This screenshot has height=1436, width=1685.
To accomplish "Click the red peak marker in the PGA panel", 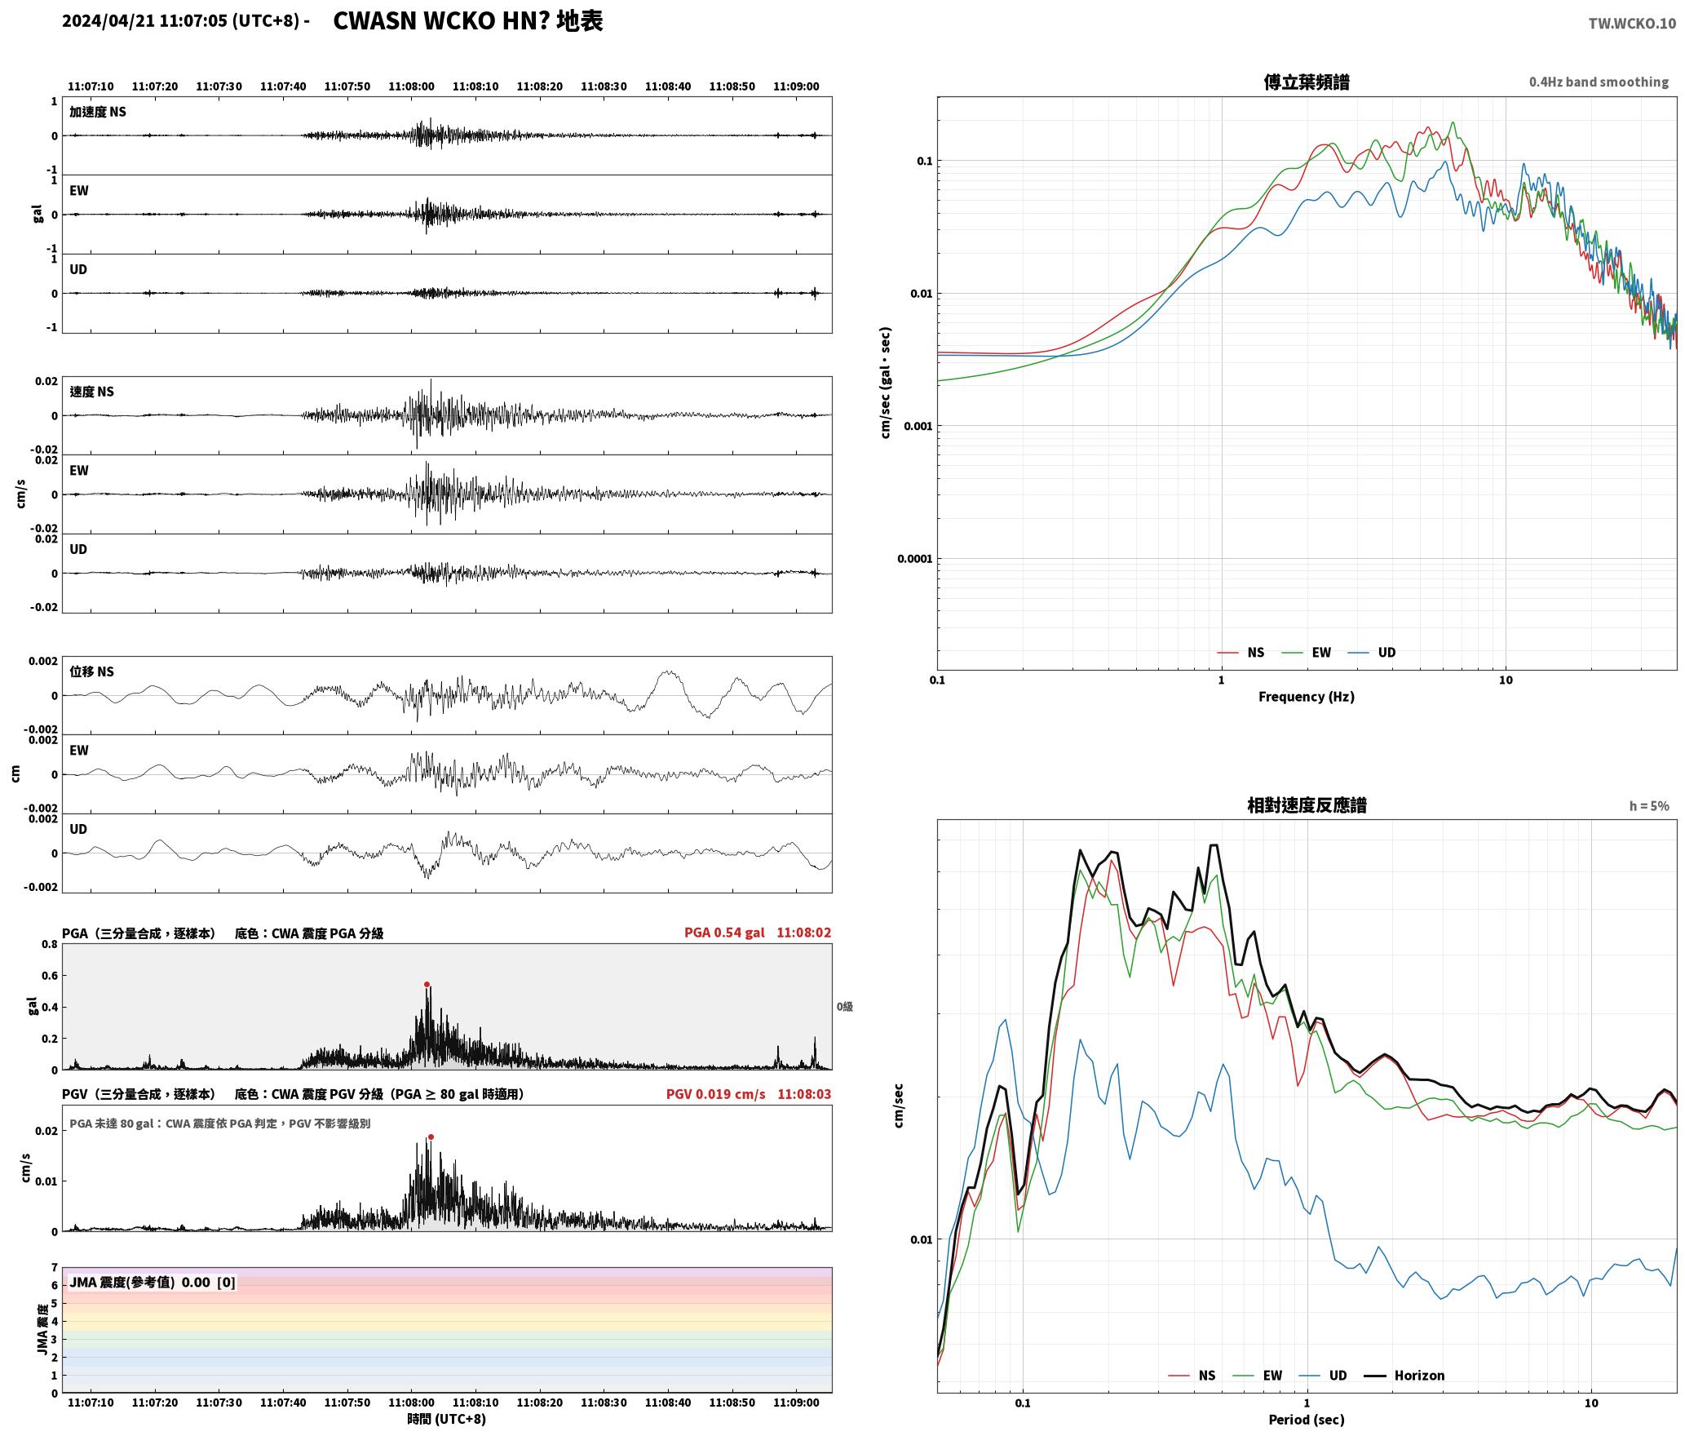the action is [x=427, y=985].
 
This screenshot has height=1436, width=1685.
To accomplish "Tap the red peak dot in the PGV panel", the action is [x=431, y=1137].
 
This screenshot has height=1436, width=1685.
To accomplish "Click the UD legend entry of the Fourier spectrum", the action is [x=1372, y=652].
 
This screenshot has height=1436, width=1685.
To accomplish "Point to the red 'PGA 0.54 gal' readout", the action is [x=724, y=932].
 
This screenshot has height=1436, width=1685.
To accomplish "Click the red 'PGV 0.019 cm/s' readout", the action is [x=715, y=1093].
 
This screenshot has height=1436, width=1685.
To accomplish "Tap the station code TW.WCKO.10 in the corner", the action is [x=1632, y=24].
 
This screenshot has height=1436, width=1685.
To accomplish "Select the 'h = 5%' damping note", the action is [x=1649, y=805].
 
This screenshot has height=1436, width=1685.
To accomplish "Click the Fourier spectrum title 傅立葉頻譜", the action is [x=1307, y=82].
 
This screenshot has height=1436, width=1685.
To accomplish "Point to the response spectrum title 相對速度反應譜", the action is [x=1307, y=804].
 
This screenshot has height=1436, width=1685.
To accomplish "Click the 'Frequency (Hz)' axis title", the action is [x=1306, y=696].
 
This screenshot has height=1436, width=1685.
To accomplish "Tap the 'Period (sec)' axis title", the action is [x=1306, y=1419].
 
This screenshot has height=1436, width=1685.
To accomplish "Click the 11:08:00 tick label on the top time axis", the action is [x=411, y=86].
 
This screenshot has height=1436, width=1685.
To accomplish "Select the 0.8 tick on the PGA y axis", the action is [x=49, y=944].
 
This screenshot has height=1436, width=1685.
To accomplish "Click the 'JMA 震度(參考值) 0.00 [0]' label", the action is [x=153, y=1282].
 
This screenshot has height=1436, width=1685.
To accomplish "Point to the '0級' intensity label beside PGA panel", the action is [x=844, y=1006].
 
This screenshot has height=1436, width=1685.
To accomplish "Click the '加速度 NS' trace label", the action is [x=98, y=112].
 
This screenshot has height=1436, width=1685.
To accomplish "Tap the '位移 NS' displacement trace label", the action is [x=91, y=671].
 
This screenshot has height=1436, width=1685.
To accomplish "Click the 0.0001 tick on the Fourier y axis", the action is [x=914, y=558].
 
